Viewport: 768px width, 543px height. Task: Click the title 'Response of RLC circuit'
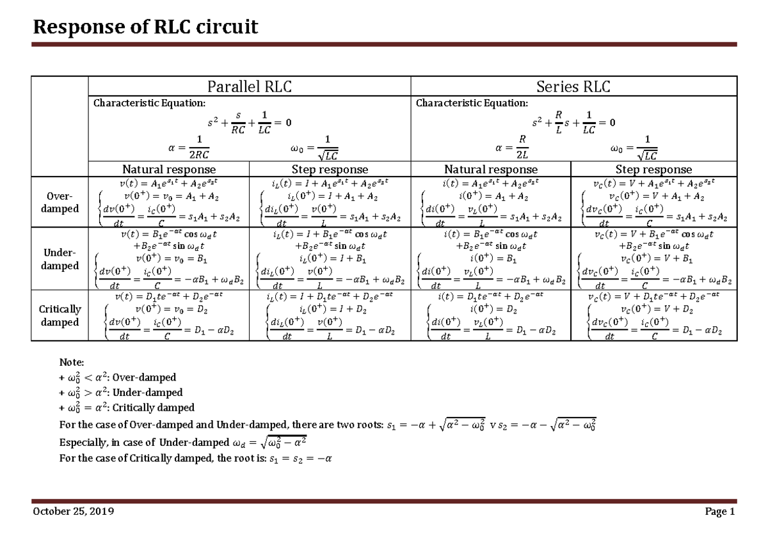click(x=145, y=27)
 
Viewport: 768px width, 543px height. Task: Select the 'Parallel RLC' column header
click(x=248, y=86)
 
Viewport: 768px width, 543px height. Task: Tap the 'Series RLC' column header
click(x=573, y=86)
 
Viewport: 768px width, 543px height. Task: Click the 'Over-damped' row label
click(x=60, y=202)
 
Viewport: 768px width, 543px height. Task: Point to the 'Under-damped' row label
click(x=60, y=259)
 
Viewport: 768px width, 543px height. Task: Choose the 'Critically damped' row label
click(x=60, y=315)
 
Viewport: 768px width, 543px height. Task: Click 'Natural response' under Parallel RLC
click(x=169, y=169)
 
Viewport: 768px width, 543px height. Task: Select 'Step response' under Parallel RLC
click(x=330, y=169)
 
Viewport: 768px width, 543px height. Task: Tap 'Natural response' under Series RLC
click(x=491, y=169)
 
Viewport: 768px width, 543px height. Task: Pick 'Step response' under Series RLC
click(x=653, y=169)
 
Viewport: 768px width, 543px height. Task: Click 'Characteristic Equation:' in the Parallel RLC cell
click(x=150, y=103)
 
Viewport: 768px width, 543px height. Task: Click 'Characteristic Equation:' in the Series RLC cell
click(x=472, y=103)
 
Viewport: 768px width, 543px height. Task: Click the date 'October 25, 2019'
click(x=74, y=512)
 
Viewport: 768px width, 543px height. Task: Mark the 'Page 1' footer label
click(x=720, y=512)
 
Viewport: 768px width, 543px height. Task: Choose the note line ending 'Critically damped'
click(x=126, y=407)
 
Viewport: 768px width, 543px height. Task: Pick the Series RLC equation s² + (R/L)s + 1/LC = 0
click(x=575, y=122)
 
